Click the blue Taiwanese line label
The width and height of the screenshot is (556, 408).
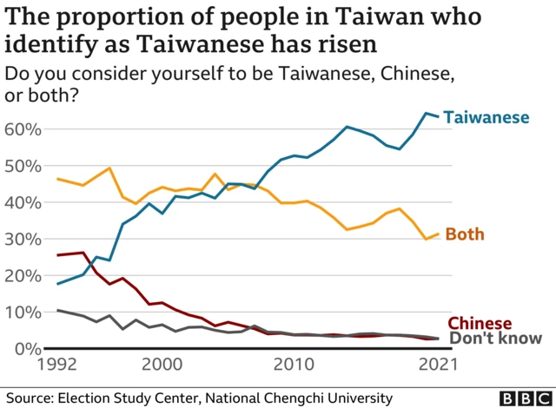pyautogui.click(x=486, y=117)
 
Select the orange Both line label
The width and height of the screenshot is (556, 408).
pyautogui.click(x=464, y=234)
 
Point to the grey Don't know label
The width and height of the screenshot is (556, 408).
pyautogui.click(x=494, y=339)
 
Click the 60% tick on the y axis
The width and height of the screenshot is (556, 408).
pyautogui.click(x=23, y=129)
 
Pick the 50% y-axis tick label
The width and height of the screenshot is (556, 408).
pyautogui.click(x=23, y=166)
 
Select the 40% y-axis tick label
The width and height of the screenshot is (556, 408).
pyautogui.click(x=23, y=202)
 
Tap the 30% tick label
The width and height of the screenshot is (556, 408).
pyautogui.click(x=23, y=239)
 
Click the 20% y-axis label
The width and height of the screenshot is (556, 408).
pyautogui.click(x=23, y=275)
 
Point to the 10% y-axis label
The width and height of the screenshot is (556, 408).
pyautogui.click(x=23, y=312)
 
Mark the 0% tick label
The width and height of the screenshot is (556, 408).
pyautogui.click(x=28, y=348)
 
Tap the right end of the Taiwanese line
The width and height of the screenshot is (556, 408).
pyautogui.click(x=437, y=115)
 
